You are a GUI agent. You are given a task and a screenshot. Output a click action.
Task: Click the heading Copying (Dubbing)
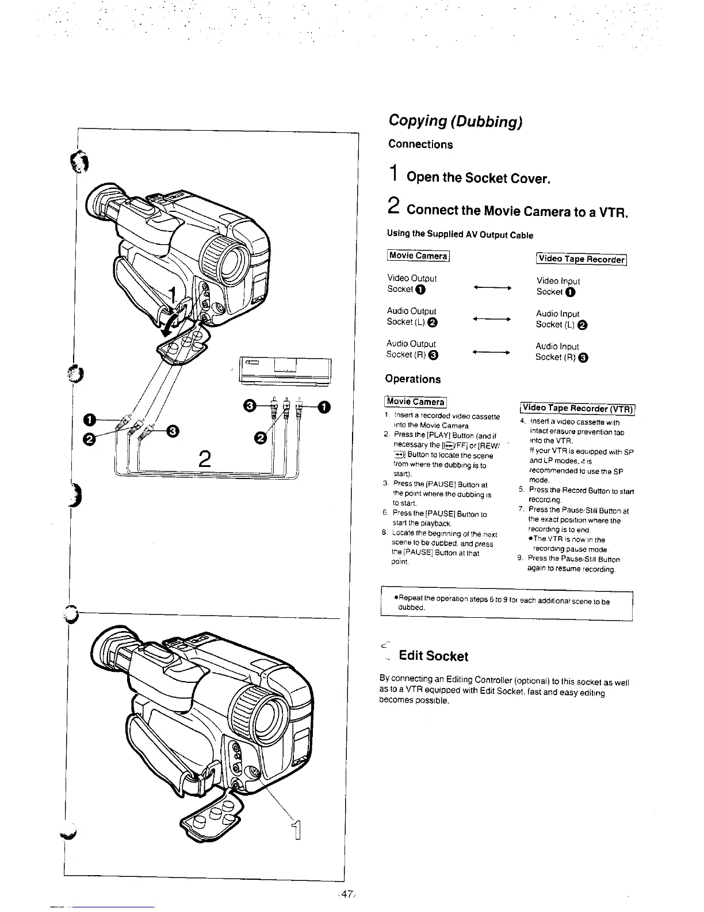point(455,121)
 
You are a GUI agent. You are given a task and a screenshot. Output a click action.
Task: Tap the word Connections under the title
point(420,145)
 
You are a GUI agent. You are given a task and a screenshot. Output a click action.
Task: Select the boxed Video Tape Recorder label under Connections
point(581,259)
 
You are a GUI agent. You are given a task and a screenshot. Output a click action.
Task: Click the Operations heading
point(413,379)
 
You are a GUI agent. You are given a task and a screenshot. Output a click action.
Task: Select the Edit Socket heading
point(433,656)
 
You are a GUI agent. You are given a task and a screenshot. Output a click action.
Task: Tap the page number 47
point(346,894)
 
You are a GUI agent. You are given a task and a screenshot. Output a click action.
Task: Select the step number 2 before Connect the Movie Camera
point(393,206)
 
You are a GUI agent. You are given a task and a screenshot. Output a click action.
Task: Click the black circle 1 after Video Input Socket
point(570,292)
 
